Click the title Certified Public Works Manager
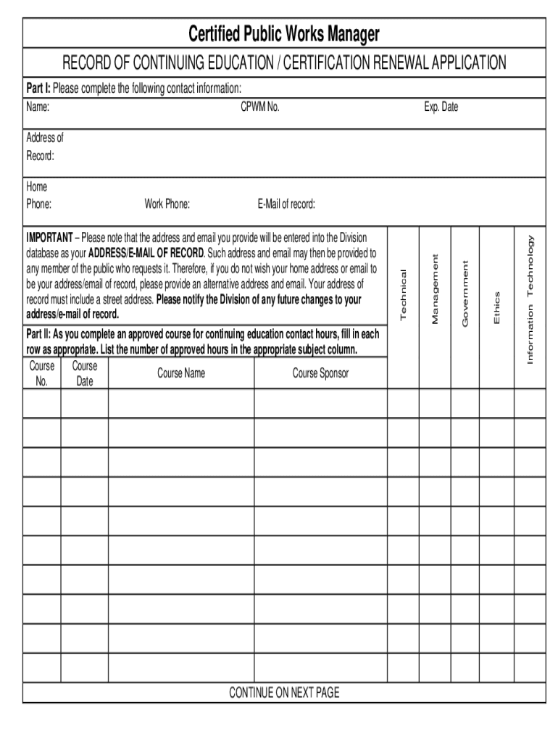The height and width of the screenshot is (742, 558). (284, 33)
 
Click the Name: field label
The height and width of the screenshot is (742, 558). (38, 107)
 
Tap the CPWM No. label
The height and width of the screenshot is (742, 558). (260, 107)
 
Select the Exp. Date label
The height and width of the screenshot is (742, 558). (441, 107)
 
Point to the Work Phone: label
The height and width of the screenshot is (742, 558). (167, 204)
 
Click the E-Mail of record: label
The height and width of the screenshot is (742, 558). (286, 204)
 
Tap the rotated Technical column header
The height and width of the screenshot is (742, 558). (404, 293)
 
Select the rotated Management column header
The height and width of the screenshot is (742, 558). (435, 288)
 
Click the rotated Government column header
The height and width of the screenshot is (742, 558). (466, 292)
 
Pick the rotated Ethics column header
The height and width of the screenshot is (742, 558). (496, 307)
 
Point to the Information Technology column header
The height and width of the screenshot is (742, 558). (530, 300)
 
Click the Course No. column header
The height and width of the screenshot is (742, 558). (41, 373)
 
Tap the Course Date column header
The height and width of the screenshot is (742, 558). (84, 373)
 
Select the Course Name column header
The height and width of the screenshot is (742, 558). (181, 373)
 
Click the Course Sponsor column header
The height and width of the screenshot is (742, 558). (320, 373)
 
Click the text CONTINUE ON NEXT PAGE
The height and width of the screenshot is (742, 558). (284, 693)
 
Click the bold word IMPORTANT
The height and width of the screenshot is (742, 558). (49, 238)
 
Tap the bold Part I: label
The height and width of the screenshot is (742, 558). (38, 88)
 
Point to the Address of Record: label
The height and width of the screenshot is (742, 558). (45, 147)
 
